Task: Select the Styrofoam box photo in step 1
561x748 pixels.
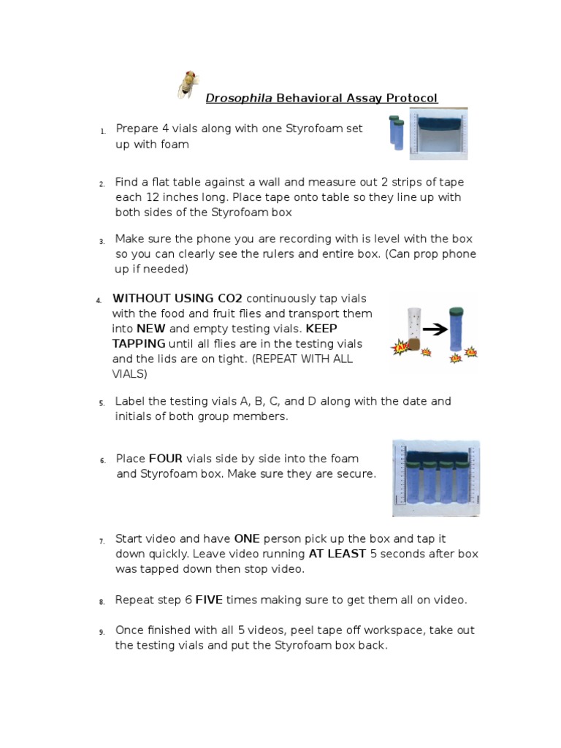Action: (438, 134)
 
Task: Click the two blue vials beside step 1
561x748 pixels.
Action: (396, 132)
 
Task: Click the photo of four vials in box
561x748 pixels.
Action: (436, 478)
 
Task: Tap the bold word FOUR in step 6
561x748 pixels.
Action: (166, 459)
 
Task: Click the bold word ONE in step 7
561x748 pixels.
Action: (247, 538)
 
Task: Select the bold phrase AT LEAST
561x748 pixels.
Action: (337, 554)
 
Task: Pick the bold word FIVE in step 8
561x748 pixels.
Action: (209, 600)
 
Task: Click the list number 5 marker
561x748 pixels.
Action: (102, 402)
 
